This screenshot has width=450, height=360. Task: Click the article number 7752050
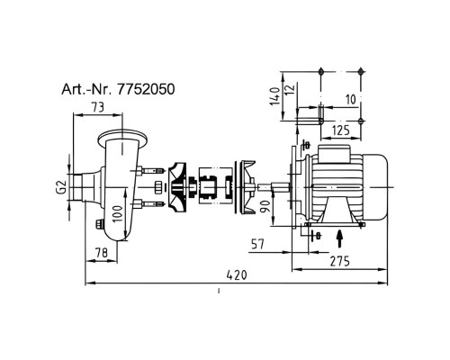[x=146, y=89]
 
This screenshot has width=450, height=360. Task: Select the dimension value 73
[x=98, y=107]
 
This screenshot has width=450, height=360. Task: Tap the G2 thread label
[x=61, y=187]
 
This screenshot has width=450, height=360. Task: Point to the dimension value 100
[x=118, y=213]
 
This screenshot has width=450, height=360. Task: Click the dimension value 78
[x=101, y=253]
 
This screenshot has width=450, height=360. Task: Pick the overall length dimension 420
[x=237, y=275]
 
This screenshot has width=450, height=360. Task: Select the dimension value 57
[x=257, y=245]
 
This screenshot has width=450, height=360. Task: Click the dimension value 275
[x=340, y=262]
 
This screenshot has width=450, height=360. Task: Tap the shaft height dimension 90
[x=265, y=206]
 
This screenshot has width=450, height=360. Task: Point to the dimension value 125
[x=341, y=130]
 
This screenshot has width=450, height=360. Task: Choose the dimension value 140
[x=275, y=96]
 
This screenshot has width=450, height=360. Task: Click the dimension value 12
[x=290, y=90]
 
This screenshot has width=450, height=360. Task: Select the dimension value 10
[x=350, y=99]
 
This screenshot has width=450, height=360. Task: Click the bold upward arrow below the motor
[x=339, y=238]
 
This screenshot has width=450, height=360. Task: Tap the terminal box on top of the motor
[x=334, y=154]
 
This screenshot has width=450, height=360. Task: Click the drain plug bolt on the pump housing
[x=99, y=224]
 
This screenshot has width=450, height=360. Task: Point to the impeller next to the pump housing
[x=177, y=188]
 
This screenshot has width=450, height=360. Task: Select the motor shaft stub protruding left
[x=274, y=188]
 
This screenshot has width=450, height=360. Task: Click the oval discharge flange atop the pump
[x=122, y=139]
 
